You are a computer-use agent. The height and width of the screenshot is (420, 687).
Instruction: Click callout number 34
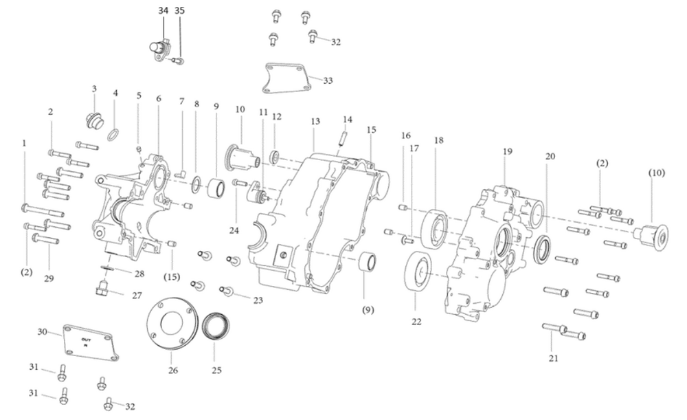pos(162,11)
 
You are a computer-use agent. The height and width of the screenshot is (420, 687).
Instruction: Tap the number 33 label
pos(328,81)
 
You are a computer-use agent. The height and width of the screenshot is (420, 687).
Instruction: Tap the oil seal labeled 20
pos(543,248)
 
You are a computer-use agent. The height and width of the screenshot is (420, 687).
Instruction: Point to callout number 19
pos(507,151)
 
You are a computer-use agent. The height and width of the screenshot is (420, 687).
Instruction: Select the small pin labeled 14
pos(341,138)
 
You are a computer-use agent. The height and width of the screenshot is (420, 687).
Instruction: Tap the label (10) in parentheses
pos(656,173)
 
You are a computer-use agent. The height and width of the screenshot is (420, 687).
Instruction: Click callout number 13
pos(315,122)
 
